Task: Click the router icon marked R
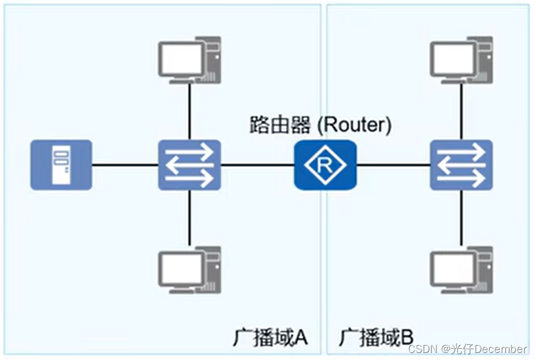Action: (325, 164)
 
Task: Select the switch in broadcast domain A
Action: (189, 164)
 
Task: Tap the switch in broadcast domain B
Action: (461, 164)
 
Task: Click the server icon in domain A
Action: (61, 164)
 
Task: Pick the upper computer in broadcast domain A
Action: (189, 60)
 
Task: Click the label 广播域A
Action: (271, 338)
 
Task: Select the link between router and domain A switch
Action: (257, 164)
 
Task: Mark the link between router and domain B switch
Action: (393, 164)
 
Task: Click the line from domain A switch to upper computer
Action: (189, 112)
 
